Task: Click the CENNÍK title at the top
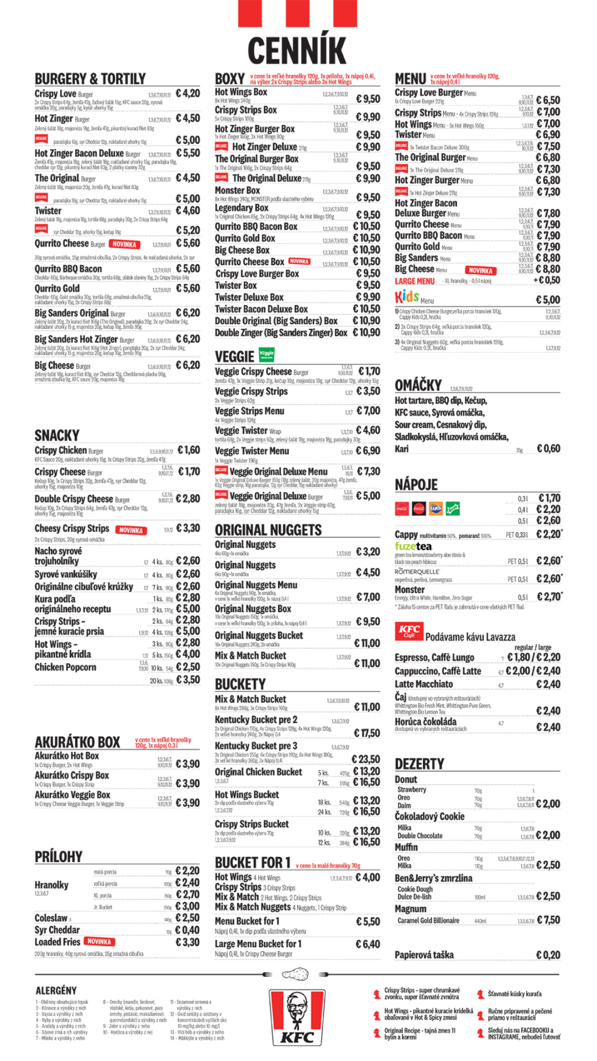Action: (x=297, y=50)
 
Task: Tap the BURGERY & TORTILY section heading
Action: (x=90, y=79)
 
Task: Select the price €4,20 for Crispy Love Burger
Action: (x=188, y=94)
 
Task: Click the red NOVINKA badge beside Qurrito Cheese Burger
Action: (x=124, y=244)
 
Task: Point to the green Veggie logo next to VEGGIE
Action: (x=267, y=355)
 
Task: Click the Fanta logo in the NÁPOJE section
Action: (x=435, y=508)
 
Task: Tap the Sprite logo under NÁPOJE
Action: (x=453, y=508)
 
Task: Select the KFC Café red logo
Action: (x=409, y=631)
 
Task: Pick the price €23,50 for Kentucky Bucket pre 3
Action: (x=366, y=760)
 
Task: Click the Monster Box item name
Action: (x=237, y=191)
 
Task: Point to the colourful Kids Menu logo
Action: (x=407, y=297)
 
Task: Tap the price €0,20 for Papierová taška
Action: (x=548, y=955)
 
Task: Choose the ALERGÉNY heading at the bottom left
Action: (x=56, y=990)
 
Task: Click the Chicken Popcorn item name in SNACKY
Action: (x=65, y=668)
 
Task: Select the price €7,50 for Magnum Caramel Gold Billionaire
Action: (x=548, y=920)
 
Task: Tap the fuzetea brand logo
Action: (x=413, y=546)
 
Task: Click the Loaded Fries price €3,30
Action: (x=188, y=942)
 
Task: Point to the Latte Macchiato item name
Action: (x=424, y=684)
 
